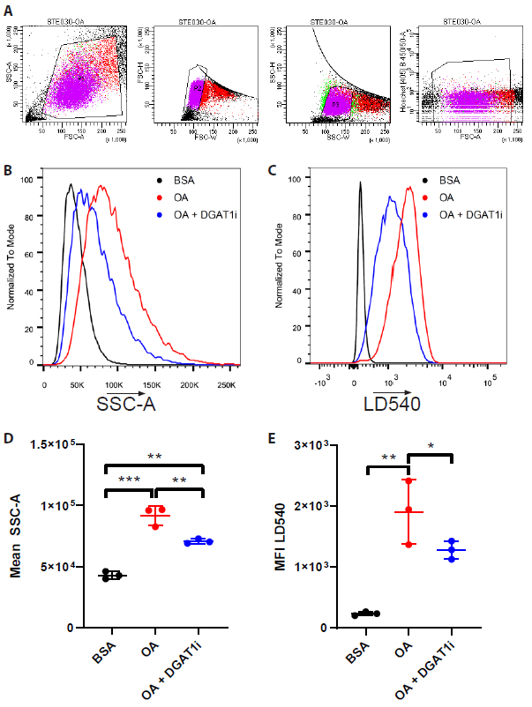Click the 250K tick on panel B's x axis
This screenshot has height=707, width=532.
click(x=228, y=385)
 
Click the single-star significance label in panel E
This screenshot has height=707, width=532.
click(x=430, y=446)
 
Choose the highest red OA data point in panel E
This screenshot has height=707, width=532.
click(x=408, y=480)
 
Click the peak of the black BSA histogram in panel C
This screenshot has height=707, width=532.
click(x=360, y=183)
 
